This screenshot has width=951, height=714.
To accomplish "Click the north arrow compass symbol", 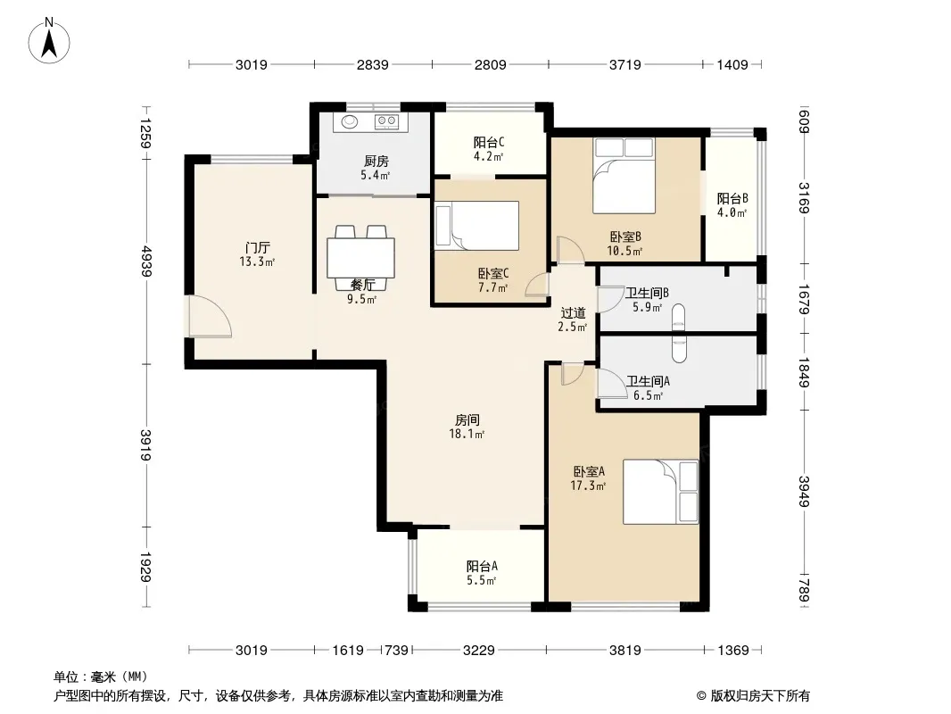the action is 49,41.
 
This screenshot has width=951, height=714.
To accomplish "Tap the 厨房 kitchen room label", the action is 376,161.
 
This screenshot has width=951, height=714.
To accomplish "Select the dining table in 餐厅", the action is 361,257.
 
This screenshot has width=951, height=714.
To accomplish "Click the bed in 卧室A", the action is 660,492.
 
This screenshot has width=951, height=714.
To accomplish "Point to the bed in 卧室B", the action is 624,175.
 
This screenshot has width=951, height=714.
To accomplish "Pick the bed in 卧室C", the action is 476,226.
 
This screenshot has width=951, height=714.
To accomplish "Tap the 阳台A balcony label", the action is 482,566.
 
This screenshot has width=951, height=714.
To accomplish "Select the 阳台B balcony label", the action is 732,198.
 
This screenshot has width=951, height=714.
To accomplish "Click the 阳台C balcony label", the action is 489,143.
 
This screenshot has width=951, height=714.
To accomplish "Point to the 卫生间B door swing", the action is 608,299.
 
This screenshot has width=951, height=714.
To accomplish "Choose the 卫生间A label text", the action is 648,382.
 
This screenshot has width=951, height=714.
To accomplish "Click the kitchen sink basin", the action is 350,122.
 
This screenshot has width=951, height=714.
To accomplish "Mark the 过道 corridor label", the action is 573,313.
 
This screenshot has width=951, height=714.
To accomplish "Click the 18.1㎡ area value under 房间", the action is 467,434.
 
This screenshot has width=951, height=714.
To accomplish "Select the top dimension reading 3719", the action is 624,64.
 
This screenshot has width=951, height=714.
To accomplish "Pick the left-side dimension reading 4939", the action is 145,261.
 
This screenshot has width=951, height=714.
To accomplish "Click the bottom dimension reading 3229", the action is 478,651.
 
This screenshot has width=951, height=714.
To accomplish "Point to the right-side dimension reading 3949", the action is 804,492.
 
